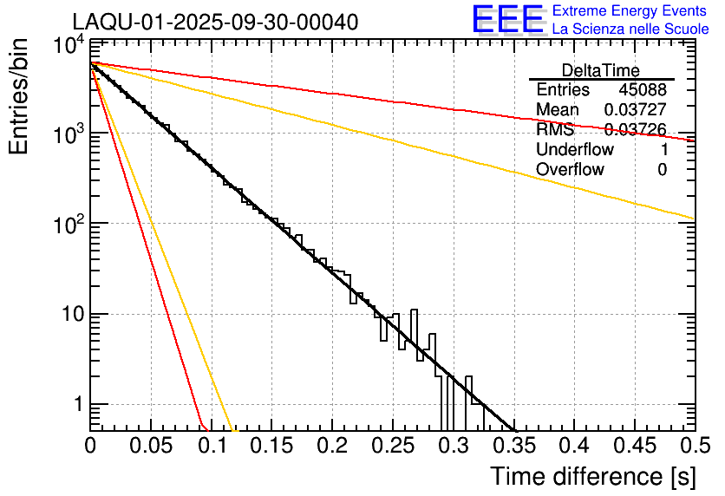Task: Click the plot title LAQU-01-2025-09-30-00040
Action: click(x=214, y=23)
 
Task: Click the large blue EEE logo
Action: click(x=506, y=20)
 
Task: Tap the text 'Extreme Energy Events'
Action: click(x=629, y=11)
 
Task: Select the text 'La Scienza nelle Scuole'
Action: click(x=630, y=29)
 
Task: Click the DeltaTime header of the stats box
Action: click(x=601, y=70)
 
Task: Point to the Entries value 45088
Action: click(x=643, y=90)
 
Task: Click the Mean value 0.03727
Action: click(x=635, y=110)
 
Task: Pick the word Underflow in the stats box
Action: click(x=575, y=149)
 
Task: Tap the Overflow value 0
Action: click(x=662, y=169)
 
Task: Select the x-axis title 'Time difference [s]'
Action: click(x=591, y=476)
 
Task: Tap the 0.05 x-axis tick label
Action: click(x=150, y=447)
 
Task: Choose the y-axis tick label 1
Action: click(x=78, y=405)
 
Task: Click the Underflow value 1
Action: click(x=662, y=149)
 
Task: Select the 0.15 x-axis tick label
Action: click(x=271, y=447)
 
